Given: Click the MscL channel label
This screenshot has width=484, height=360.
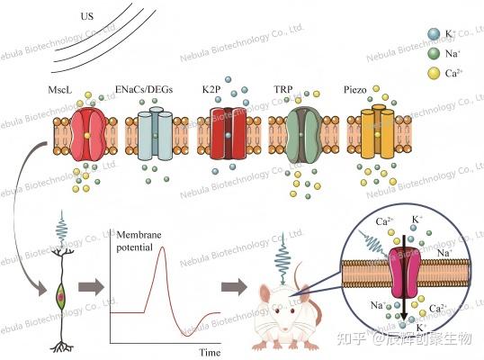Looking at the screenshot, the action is click(x=60, y=90).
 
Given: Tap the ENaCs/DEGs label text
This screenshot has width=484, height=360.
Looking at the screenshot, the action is click(x=144, y=89).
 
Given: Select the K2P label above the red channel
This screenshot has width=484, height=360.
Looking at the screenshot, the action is click(x=211, y=89).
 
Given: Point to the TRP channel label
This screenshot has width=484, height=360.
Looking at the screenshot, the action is click(x=283, y=89).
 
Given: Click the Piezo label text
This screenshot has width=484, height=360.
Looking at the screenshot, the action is click(x=355, y=90).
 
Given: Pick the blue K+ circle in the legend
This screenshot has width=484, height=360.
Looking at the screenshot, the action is click(x=434, y=33).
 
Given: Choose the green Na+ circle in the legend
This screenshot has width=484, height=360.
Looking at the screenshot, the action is click(x=434, y=53).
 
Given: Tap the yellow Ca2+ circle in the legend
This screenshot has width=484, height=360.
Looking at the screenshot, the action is click(x=434, y=73).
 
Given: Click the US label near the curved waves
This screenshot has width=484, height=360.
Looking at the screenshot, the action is click(x=86, y=16).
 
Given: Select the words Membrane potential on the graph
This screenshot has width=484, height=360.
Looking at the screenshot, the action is click(x=139, y=241).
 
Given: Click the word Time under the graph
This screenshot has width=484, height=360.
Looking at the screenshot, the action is click(x=210, y=352).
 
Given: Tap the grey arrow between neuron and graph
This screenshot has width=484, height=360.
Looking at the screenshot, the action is click(x=91, y=287).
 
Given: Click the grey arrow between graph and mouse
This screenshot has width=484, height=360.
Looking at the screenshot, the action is click(x=234, y=287).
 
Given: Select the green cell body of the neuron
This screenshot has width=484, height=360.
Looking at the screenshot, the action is click(x=61, y=296).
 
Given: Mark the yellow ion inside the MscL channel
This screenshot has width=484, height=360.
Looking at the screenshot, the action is click(x=87, y=135).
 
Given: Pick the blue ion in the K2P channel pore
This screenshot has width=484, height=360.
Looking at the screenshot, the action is click(x=228, y=135).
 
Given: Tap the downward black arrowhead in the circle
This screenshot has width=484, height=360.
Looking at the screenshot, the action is click(x=403, y=316).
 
